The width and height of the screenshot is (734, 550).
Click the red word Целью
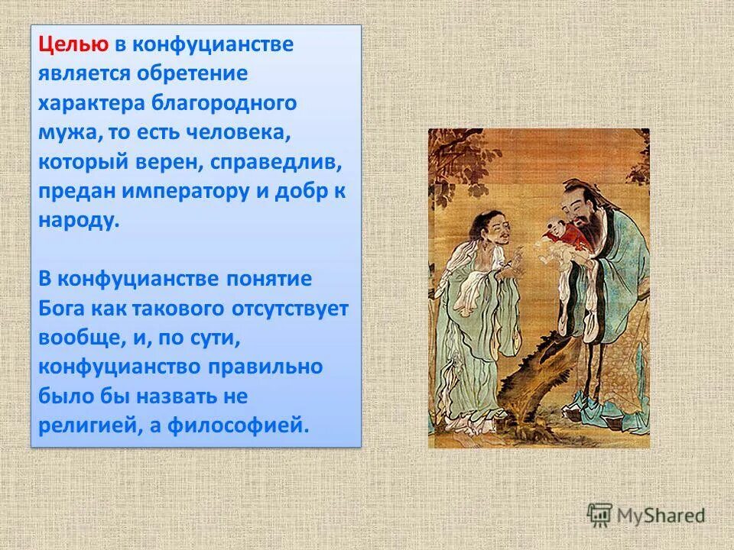point(74,44)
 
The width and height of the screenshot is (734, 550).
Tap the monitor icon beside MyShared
point(599,515)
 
